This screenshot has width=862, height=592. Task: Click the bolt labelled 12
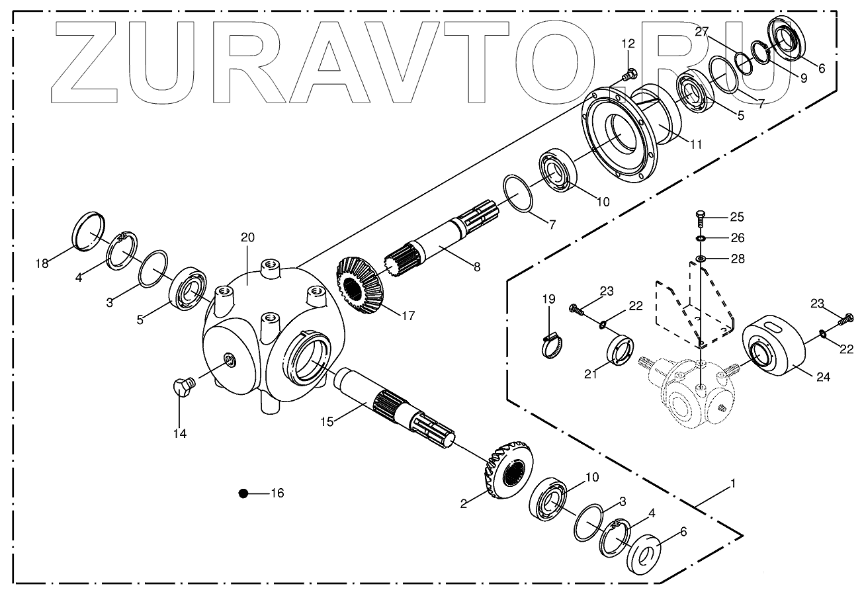coord(629,73)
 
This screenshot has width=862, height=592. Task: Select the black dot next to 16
coord(243,493)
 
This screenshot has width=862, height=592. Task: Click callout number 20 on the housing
coord(247,237)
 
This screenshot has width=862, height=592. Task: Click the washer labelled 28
coord(701,259)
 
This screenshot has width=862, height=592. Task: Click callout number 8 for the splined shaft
coord(476,267)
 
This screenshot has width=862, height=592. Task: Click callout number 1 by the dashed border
coord(732,484)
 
